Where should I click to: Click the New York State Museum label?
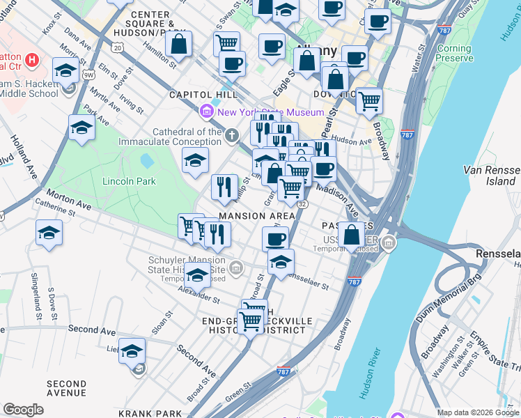coord(270,112)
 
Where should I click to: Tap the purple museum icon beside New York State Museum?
coord(207,111)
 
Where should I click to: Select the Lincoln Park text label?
coord(129,181)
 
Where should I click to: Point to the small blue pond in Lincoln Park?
coord(146,161)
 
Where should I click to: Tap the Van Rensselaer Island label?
coord(490,176)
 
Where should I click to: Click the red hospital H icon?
coord(31,60)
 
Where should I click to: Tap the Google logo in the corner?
coord(24,410)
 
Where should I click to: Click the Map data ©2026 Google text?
coord(477,412)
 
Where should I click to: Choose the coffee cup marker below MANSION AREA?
coord(275,238)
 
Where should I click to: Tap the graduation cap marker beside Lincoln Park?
coord(196,160)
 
